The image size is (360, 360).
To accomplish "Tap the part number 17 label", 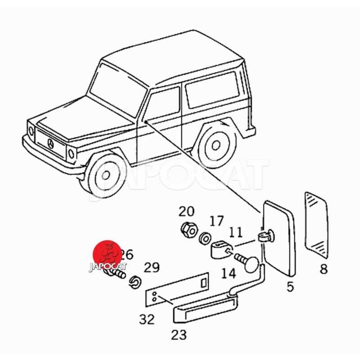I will pyautogui.click(x=216, y=221).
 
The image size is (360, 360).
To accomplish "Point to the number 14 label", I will pyautogui.click(x=228, y=273).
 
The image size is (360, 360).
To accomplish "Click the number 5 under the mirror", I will pyautogui.click(x=290, y=286).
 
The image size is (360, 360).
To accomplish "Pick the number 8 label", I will pyautogui.click(x=324, y=270).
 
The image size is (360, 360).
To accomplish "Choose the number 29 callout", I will pyautogui.click(x=152, y=268).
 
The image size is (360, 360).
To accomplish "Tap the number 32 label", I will pyautogui.click(x=147, y=319).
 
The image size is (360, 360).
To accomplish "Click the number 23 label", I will pyautogui.click(x=179, y=334).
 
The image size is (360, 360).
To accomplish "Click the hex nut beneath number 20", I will pyautogui.click(x=187, y=230).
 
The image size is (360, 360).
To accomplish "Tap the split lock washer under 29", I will pyautogui.click(x=134, y=282).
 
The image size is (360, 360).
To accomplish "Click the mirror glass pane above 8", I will pyautogui.click(x=317, y=224).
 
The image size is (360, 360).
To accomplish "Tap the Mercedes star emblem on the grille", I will pyautogui.click(x=51, y=144).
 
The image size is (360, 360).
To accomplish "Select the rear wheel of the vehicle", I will pyautogui.click(x=216, y=145).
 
